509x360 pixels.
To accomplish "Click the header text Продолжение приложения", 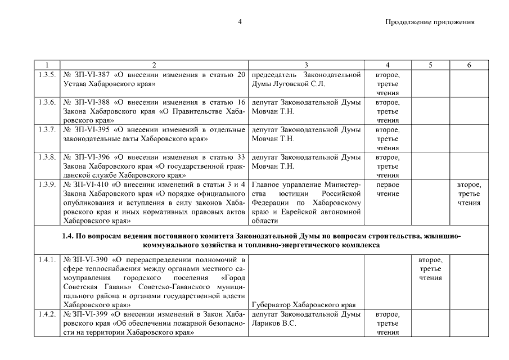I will (430, 22).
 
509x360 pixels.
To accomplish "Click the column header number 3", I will (306, 65).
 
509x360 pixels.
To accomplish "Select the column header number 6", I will (469, 65).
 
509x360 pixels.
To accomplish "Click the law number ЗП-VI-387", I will (87, 75).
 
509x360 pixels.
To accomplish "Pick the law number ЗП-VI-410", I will (88, 184).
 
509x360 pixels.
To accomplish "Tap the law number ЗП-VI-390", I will (87, 260).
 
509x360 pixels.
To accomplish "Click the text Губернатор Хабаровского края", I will (305, 305).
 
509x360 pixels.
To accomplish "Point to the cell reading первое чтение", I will (388, 189).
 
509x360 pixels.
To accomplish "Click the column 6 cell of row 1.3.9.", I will (469, 193).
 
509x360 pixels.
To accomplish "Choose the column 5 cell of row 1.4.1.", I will (430, 269).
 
